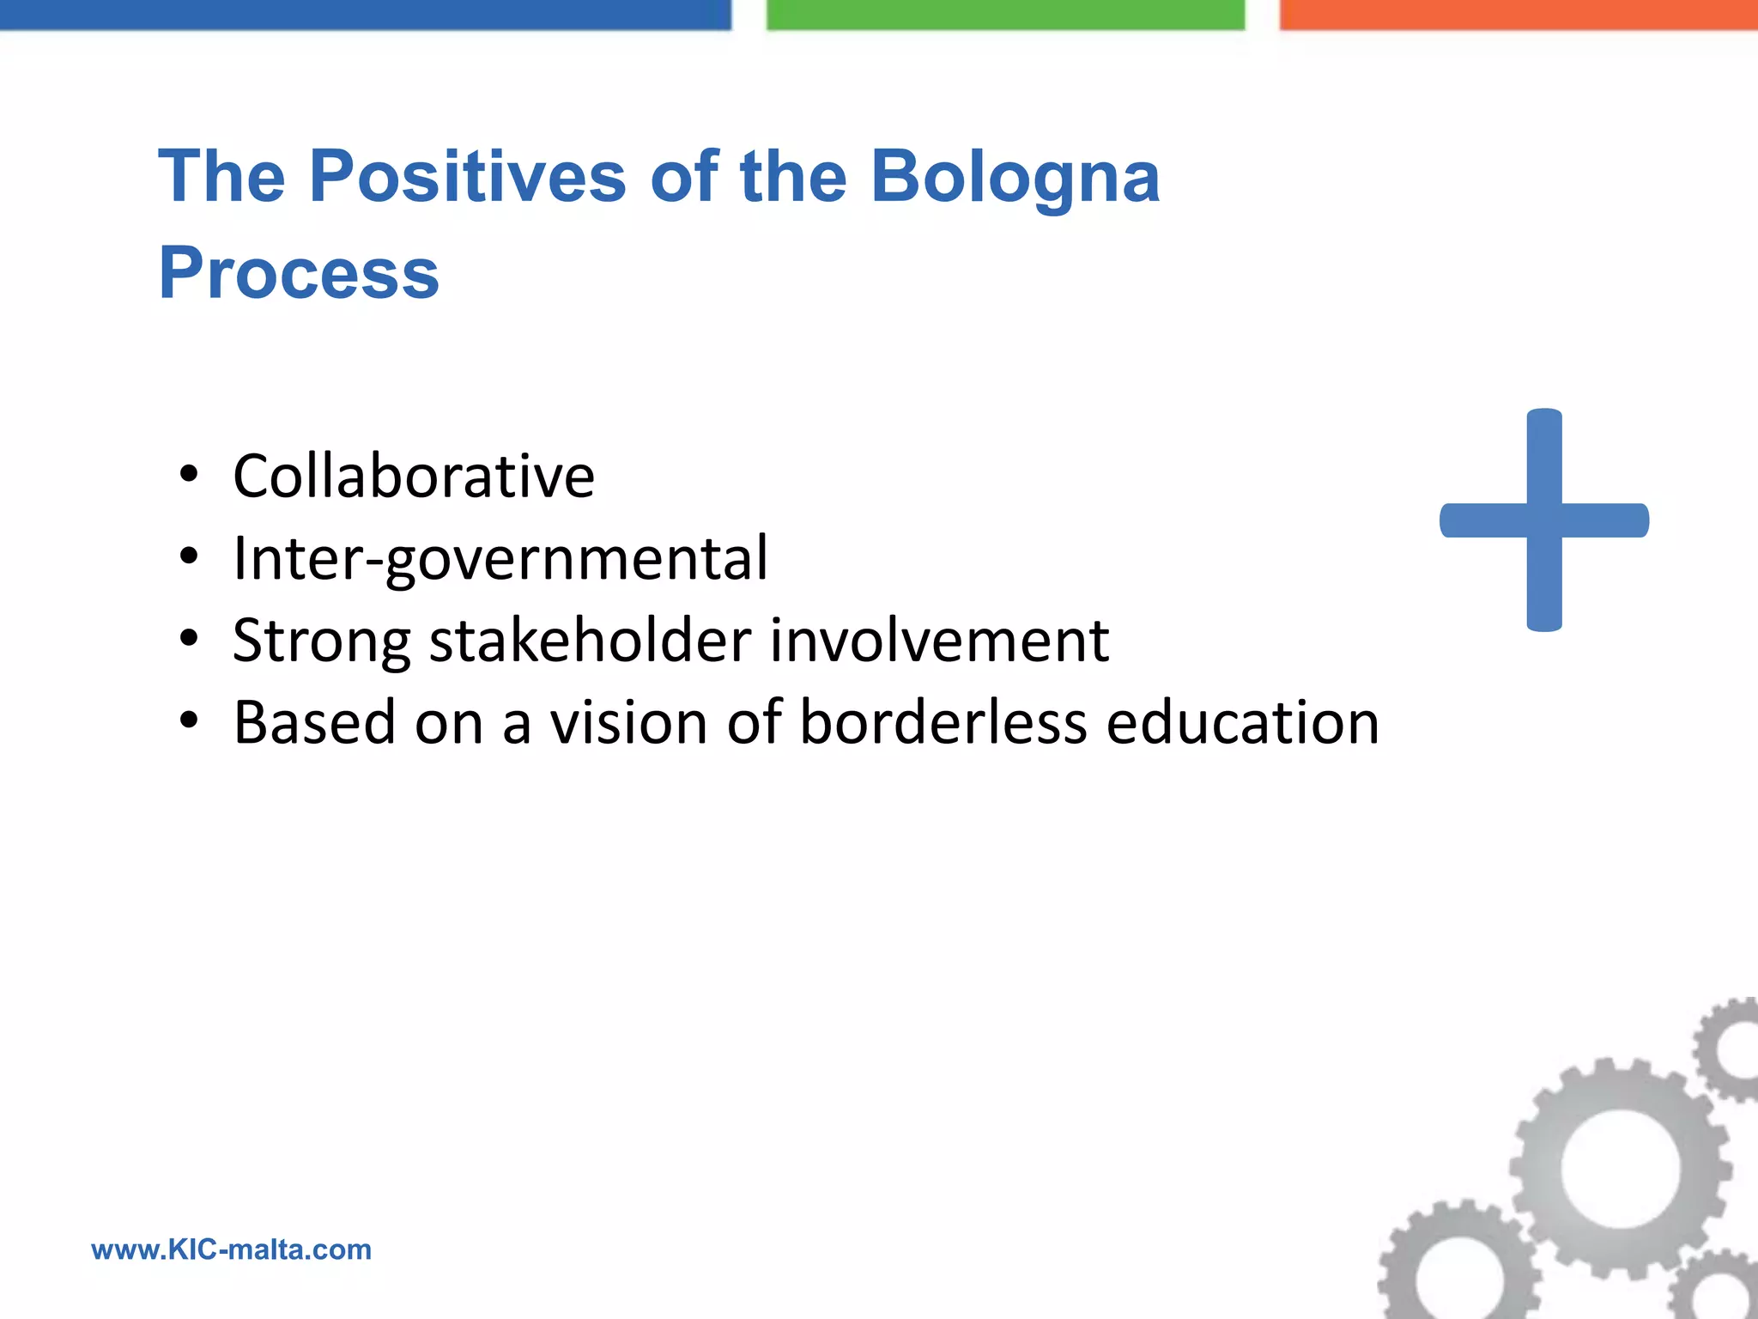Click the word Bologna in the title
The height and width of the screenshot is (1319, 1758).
pyautogui.click(x=1015, y=177)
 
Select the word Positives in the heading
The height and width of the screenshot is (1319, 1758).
pyautogui.click(x=467, y=177)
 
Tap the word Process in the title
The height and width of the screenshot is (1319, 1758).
pyautogui.click(x=299, y=273)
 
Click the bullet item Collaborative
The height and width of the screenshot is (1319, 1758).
pyautogui.click(x=414, y=476)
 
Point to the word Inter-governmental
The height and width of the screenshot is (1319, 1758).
pyautogui.click(x=500, y=559)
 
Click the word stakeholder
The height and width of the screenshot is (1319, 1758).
pyautogui.click(x=591, y=641)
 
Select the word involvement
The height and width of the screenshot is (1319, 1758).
pyautogui.click(x=939, y=641)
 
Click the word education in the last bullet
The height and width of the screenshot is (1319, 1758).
pyautogui.click(x=1242, y=722)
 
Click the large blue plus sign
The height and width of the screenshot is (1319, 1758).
pyautogui.click(x=1544, y=520)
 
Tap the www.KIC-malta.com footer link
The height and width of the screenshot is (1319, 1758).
pyautogui.click(x=232, y=1249)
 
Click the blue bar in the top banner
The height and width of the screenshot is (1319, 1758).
pyautogui.click(x=365, y=14)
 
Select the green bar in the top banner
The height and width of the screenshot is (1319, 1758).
pyautogui.click(x=1005, y=14)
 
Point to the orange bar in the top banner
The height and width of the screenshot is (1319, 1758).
pyautogui.click(x=1518, y=14)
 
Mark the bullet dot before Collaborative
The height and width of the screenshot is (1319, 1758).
pyautogui.click(x=189, y=475)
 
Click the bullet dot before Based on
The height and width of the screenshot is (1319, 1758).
pyautogui.click(x=189, y=720)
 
